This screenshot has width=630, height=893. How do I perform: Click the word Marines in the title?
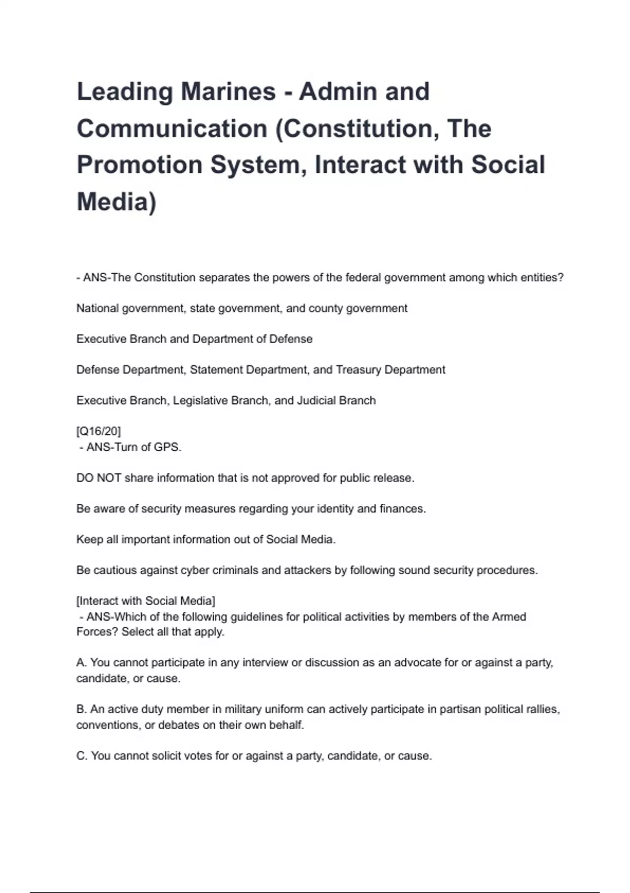[228, 91]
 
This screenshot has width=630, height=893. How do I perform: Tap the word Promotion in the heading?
[140, 164]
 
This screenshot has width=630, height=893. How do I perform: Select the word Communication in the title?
[172, 128]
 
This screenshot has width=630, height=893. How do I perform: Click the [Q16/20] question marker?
[99, 431]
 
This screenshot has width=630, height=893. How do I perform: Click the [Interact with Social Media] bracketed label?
[146, 601]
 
